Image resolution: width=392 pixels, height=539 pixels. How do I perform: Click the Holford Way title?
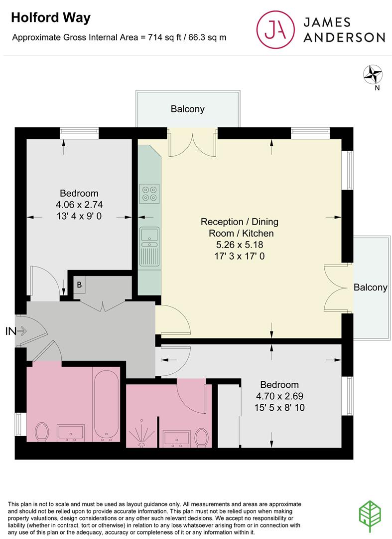click(x=51, y=17)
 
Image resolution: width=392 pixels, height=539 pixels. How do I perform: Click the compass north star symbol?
click(x=373, y=74)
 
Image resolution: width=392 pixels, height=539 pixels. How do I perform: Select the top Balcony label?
click(x=188, y=109)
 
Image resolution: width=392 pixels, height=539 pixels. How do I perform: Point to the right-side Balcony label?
click(x=371, y=287)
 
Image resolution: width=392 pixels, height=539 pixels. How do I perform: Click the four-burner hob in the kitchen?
click(x=149, y=194)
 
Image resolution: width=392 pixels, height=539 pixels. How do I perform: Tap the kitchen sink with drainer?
click(x=149, y=246)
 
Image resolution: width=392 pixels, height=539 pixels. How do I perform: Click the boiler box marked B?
click(x=80, y=284)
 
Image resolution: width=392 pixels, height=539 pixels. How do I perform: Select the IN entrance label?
click(x=10, y=331)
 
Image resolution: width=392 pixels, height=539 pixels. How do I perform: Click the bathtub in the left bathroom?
click(x=106, y=406)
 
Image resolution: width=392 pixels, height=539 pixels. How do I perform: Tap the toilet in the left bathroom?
click(x=42, y=432)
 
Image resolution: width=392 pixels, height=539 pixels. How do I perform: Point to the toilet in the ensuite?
click(x=201, y=438)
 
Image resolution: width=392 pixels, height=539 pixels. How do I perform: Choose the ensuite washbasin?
click(x=177, y=438)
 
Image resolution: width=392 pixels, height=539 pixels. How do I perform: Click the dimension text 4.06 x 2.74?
click(x=79, y=205)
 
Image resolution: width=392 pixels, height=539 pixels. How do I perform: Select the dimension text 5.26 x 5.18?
click(x=240, y=245)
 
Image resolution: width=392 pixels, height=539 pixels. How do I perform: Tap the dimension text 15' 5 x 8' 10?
click(x=279, y=408)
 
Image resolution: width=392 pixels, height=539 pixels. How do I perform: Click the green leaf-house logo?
click(x=370, y=517)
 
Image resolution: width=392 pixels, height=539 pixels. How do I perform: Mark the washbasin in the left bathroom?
click(x=71, y=433)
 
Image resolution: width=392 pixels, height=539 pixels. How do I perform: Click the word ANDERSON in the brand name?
click(x=344, y=37)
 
